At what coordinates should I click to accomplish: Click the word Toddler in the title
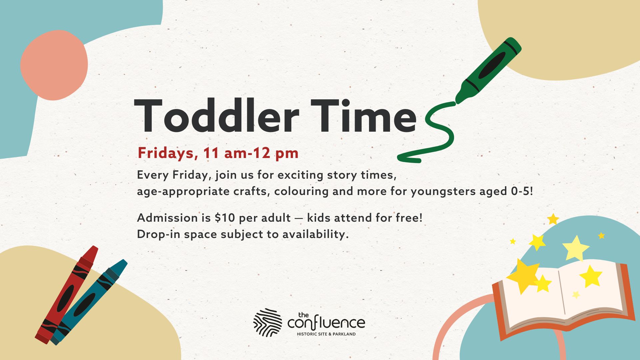pos(217,115)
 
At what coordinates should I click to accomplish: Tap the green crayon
pos(488,70)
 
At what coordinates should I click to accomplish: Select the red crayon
pos(67,295)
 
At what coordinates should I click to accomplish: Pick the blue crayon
pos(89,302)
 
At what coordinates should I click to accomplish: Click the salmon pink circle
pos(54,65)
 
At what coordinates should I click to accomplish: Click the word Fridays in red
pos(166,153)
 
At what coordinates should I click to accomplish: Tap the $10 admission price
pos(225,218)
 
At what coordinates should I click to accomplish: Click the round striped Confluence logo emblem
pos(267,322)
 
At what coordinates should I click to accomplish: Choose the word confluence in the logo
pos(326,323)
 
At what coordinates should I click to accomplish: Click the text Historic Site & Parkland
pos(326,334)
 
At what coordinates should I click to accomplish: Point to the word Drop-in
pos(159,234)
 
